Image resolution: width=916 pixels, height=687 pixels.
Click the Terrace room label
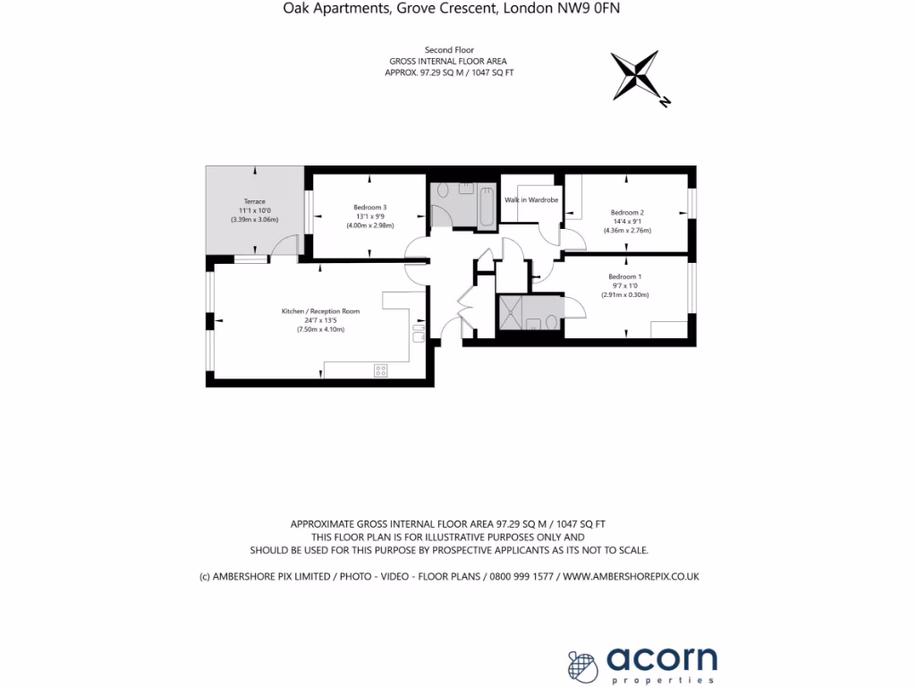tap(254, 202)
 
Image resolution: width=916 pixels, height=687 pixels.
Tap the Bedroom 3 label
tap(369, 208)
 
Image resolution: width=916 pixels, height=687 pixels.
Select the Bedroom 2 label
tap(627, 212)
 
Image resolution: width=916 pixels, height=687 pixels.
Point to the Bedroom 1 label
tap(624, 276)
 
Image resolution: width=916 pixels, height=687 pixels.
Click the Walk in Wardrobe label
tap(531, 199)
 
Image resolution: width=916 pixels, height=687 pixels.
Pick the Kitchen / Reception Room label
tap(320, 311)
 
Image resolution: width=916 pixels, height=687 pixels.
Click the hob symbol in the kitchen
tap(379, 369)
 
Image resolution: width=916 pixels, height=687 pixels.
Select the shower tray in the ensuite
tap(510, 314)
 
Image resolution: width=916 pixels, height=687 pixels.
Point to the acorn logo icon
tap(582, 665)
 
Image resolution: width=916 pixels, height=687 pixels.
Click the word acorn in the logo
tap(662, 659)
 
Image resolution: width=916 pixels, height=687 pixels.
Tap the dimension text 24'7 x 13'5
tap(320, 320)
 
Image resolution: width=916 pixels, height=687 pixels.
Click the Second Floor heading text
tap(449, 50)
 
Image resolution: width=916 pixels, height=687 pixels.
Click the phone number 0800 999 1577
tap(520, 577)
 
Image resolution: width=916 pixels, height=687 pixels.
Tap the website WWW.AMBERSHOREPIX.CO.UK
tap(631, 577)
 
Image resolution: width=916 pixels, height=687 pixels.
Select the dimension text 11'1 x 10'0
tap(254, 211)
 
